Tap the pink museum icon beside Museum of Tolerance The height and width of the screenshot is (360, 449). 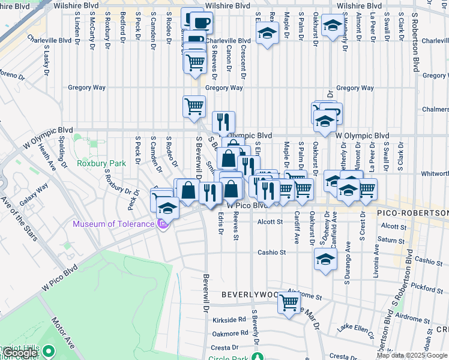[x=161, y=224]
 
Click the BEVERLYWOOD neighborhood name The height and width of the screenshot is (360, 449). [x=253, y=295]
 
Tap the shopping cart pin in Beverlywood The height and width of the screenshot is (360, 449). [x=289, y=304]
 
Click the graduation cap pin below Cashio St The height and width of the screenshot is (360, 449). [x=325, y=259]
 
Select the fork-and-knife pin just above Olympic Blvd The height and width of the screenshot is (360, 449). [x=223, y=122]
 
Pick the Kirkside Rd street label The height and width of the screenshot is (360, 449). [x=229, y=320]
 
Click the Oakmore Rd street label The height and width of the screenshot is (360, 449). [x=231, y=333]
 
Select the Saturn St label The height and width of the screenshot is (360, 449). [x=391, y=240]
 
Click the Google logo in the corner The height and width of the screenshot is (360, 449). [x=20, y=353]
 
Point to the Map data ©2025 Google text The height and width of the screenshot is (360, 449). [x=412, y=355]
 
